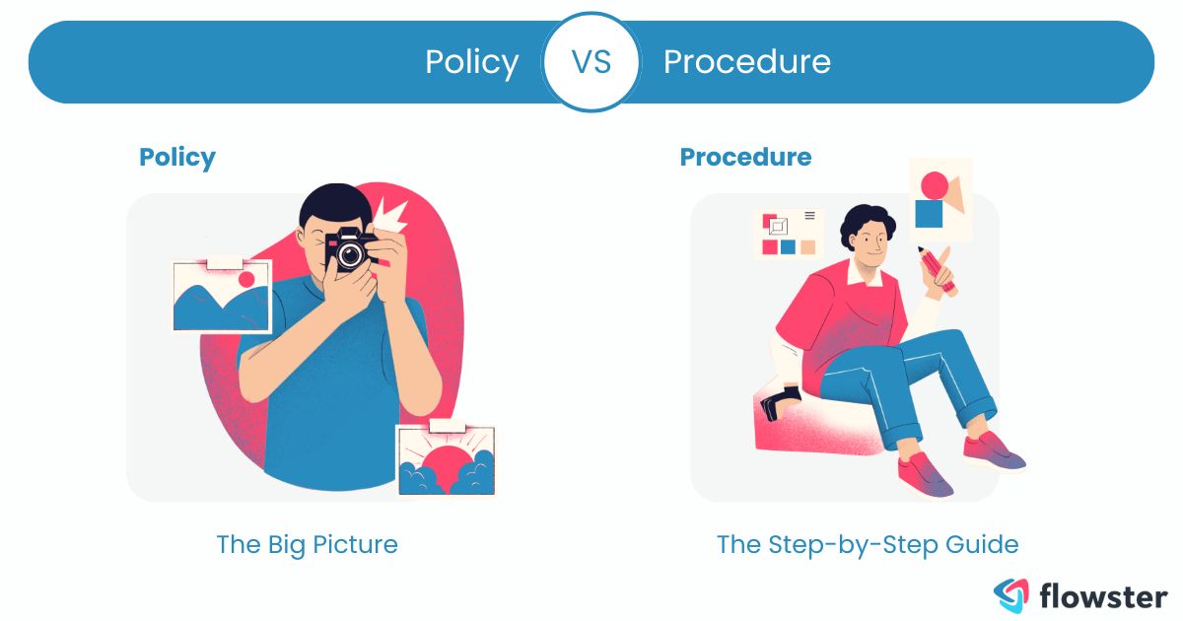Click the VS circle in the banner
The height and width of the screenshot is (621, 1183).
pyautogui.click(x=591, y=62)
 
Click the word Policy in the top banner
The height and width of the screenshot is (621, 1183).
pyautogui.click(x=471, y=62)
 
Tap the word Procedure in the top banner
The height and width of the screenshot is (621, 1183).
pyautogui.click(x=746, y=62)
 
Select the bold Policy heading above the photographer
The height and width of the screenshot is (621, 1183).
pyautogui.click(x=177, y=157)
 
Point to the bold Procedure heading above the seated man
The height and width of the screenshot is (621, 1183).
pyautogui.click(x=745, y=157)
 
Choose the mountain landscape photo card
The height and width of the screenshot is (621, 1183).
pyautogui.click(x=221, y=295)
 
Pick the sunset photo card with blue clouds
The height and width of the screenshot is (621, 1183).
pyautogui.click(x=446, y=459)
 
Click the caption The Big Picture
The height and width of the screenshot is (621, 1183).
pyautogui.click(x=307, y=544)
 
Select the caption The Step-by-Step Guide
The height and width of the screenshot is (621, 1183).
pyautogui.click(x=867, y=544)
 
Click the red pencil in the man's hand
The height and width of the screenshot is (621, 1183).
pyautogui.click(x=938, y=270)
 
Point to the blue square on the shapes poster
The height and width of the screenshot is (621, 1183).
pyautogui.click(x=929, y=214)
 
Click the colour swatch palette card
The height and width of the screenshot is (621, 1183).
pyautogui.click(x=789, y=233)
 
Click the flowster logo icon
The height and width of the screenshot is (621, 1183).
pyautogui.click(x=1010, y=593)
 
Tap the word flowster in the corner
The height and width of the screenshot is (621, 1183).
pyautogui.click(x=1102, y=594)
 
